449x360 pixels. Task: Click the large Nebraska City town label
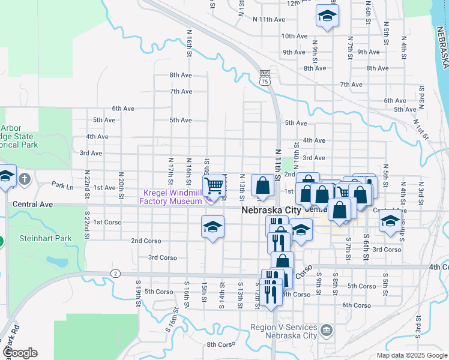click(x=271, y=211)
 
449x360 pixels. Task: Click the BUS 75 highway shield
click(x=265, y=76)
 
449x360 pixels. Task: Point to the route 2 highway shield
click(x=114, y=274)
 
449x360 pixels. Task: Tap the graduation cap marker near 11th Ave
click(x=327, y=16)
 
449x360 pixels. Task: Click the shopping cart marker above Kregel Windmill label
click(x=214, y=185)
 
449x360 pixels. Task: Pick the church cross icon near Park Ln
click(x=25, y=179)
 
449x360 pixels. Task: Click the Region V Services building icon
click(x=325, y=329)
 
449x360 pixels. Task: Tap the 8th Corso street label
click(x=220, y=344)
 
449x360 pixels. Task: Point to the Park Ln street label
click(x=62, y=185)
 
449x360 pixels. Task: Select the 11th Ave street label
click(x=268, y=19)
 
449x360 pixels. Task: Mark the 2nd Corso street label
click(x=145, y=241)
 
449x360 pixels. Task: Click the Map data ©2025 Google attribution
click(x=411, y=355)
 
